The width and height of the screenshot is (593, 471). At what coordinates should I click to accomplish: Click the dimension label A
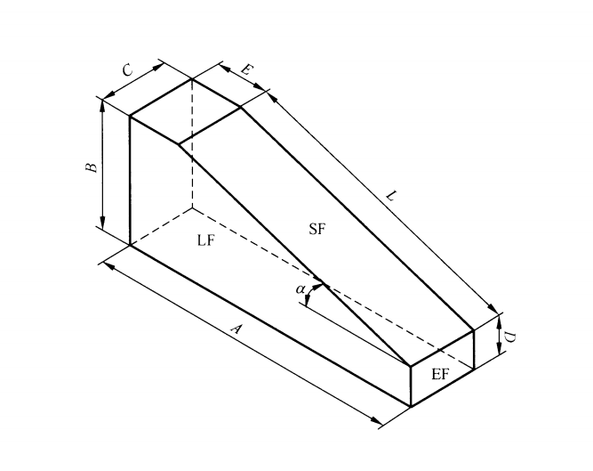[236, 329]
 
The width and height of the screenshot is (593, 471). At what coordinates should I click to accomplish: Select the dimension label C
[127, 69]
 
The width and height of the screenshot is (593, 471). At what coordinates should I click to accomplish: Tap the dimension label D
[512, 336]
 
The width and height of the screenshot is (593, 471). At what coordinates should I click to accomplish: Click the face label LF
[205, 240]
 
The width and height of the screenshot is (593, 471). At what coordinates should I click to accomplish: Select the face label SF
[317, 229]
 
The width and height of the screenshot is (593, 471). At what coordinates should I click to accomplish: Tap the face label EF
[440, 375]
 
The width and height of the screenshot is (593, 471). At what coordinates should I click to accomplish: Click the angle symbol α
[300, 288]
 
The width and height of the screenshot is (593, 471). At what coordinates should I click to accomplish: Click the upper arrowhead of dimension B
[103, 104]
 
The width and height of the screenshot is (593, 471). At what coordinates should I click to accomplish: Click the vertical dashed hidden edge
[192, 142]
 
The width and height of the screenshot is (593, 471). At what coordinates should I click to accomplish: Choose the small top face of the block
[186, 112]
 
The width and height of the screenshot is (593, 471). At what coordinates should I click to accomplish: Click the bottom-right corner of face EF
[473, 367]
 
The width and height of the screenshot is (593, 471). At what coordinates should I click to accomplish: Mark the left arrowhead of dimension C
[108, 95]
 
